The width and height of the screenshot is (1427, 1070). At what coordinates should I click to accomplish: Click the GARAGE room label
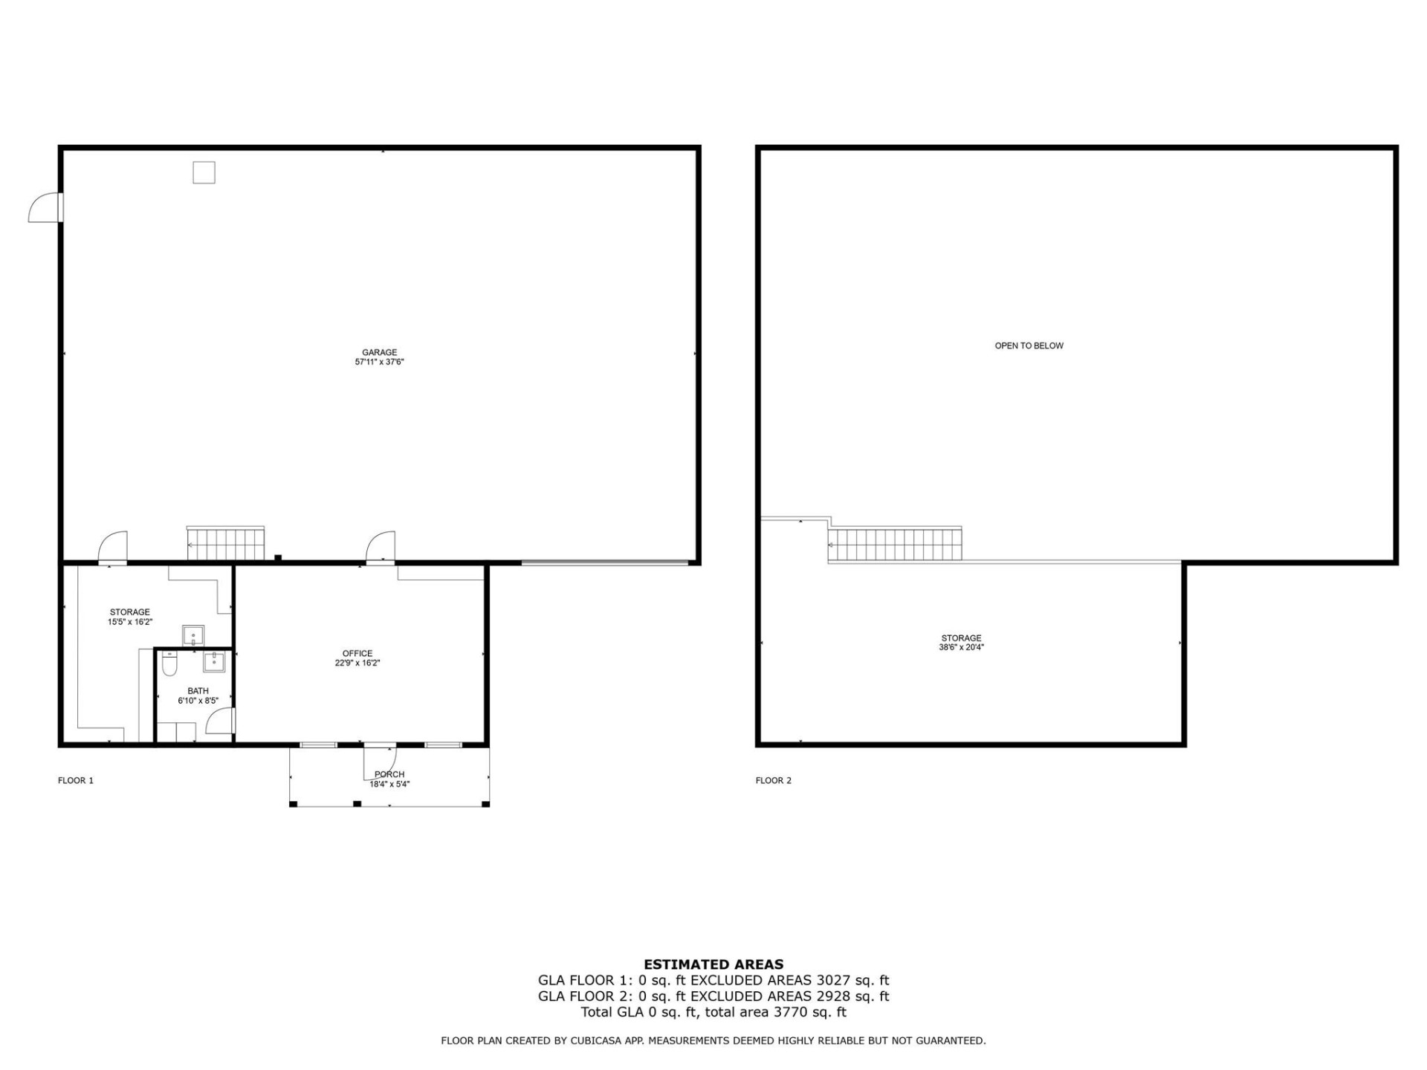(379, 352)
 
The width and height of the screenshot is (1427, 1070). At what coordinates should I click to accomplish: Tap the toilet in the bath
(169, 664)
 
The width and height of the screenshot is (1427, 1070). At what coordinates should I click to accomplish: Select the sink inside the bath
(214, 661)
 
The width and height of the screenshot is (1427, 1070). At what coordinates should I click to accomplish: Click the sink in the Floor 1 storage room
(193, 636)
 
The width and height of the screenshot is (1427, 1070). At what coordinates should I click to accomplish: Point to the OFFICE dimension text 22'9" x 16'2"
(357, 663)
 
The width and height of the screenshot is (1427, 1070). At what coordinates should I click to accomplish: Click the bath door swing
(220, 722)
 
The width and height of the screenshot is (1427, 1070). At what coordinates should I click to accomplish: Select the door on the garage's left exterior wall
(45, 207)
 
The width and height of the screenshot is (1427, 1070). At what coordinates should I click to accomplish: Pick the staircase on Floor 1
(225, 543)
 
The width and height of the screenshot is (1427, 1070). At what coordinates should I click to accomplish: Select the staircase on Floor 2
(895, 545)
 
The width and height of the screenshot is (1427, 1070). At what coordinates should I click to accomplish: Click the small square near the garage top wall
(204, 172)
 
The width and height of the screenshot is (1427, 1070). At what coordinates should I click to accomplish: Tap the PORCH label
(389, 774)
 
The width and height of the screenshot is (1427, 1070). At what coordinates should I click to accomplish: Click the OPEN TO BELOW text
(1029, 346)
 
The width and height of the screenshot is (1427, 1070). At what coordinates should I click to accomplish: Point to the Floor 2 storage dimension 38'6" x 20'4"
(961, 647)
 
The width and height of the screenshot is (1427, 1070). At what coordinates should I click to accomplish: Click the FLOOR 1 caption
(76, 780)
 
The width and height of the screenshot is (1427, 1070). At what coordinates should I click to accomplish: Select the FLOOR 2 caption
(773, 780)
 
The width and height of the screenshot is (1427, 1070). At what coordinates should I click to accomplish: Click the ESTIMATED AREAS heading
(713, 964)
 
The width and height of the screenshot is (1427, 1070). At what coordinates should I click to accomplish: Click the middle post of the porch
(357, 804)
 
